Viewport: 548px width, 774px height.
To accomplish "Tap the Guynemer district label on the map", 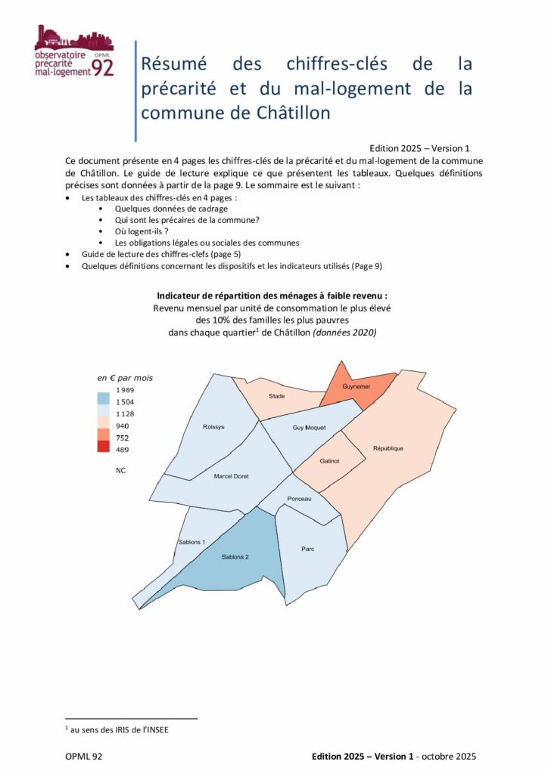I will tap(355, 386).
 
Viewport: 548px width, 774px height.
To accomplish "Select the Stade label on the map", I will tap(278, 396).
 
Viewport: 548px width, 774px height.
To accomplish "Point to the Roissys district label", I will tap(213, 427).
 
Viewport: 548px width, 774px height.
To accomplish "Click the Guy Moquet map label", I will tap(309, 427).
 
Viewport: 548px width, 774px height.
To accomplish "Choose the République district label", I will tap(388, 448).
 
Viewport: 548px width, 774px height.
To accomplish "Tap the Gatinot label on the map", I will tap(329, 460).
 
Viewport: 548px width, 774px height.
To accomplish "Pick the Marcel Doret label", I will tap(231, 476).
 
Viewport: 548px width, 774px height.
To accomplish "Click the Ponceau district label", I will tap(299, 499).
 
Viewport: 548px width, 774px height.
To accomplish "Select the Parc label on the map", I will tap(307, 549).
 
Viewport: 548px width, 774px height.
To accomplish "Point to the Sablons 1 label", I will tap(192, 542).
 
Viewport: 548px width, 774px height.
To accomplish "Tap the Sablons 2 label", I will tap(235, 557).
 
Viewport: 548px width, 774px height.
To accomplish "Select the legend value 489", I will tap(123, 450).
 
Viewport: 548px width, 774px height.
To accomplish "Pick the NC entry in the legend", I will tap(121, 469).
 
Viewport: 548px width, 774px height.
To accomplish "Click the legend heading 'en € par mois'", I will tap(124, 377).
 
